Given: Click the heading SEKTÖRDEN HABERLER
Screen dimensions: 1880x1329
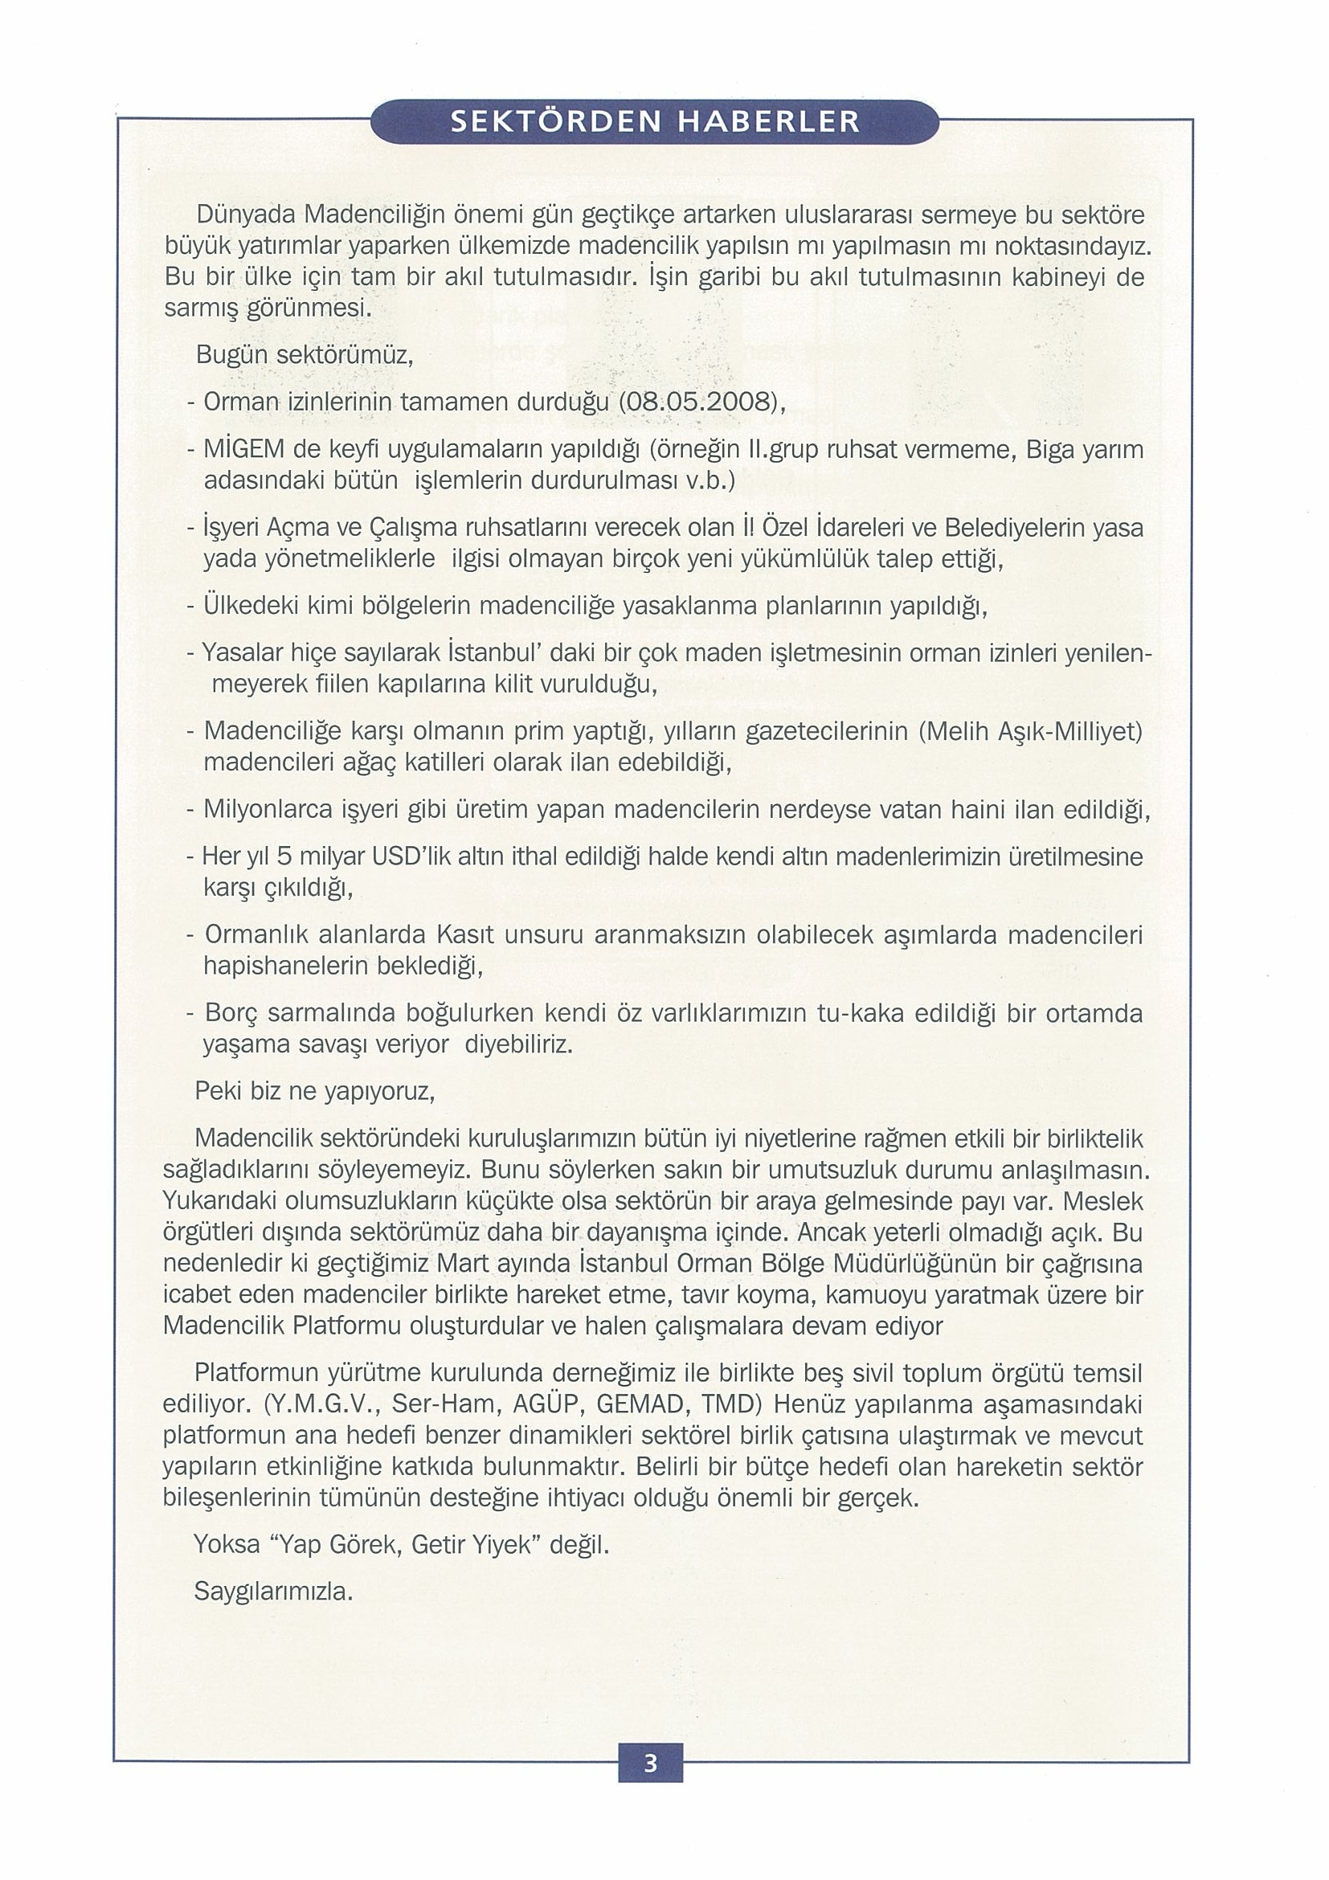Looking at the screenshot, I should (x=655, y=121).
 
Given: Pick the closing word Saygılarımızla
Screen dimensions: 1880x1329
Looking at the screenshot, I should (x=273, y=1591).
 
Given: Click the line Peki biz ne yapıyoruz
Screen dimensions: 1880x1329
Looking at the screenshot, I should (x=314, y=1092).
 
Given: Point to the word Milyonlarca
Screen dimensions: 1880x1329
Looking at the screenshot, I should (x=267, y=811).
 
